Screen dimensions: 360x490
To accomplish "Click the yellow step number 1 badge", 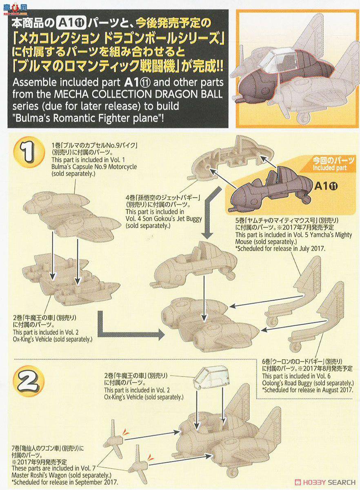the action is [x=29, y=152].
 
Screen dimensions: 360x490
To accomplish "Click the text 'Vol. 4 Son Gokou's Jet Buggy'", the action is [x=164, y=219].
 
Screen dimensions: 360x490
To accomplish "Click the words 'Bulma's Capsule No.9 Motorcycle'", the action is [x=94, y=167].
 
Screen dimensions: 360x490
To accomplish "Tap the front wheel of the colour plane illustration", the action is [x=305, y=118].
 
